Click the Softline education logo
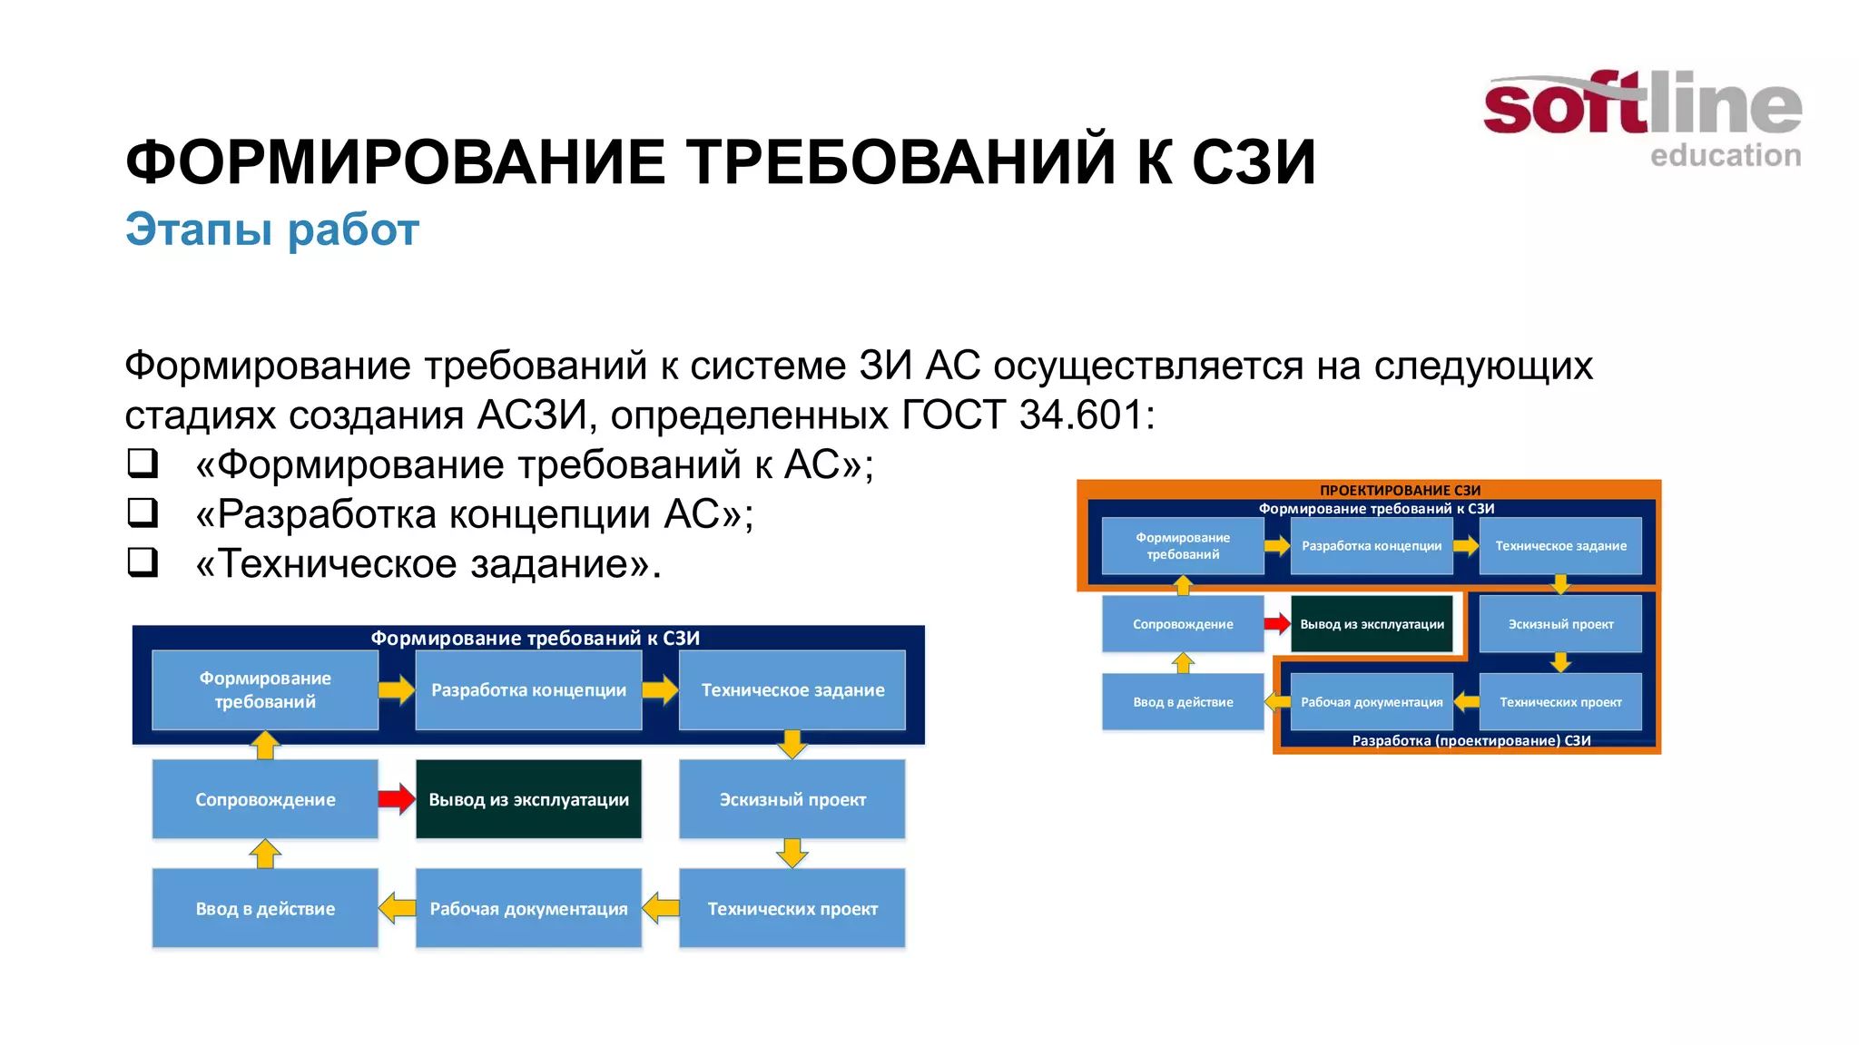coord(1641,118)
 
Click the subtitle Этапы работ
coord(271,230)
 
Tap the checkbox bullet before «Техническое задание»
coord(143,562)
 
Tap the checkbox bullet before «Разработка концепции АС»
coord(143,513)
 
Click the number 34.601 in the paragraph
coord(1081,415)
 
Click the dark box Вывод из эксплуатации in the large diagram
coord(528,799)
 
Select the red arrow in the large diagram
coord(396,799)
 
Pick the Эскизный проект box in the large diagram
coord(792,799)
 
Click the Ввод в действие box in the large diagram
coord(265,908)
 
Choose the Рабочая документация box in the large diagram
coord(528,908)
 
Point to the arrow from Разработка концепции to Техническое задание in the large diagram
coord(660,690)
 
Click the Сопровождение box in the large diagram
coord(265,799)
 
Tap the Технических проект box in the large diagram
coord(792,908)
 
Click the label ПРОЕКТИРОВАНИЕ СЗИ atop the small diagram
coord(1400,490)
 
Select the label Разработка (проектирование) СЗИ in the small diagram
coord(1470,740)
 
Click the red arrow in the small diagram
coord(1276,623)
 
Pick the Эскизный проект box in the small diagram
coord(1560,624)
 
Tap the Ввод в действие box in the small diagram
coord(1183,702)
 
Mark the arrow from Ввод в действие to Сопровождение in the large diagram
coord(265,854)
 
